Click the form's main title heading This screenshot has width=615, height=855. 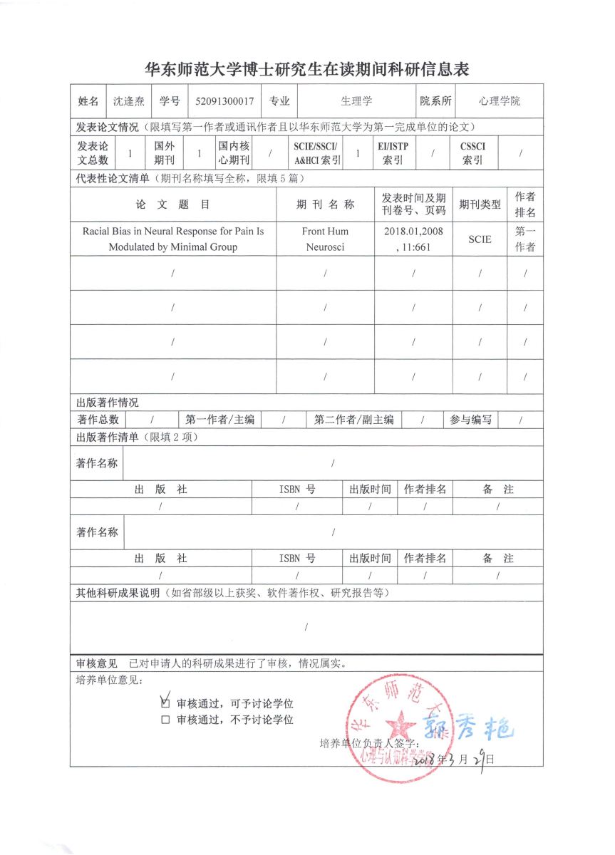tap(306, 70)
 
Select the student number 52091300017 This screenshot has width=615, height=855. tap(224, 101)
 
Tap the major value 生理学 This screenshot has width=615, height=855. tap(356, 101)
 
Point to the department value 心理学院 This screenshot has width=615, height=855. tap(500, 101)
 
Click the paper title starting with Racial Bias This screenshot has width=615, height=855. tap(173, 239)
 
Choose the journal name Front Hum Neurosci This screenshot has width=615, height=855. tap(325, 239)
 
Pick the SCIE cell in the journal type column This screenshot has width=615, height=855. tap(480, 239)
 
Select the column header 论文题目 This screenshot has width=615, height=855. tap(173, 204)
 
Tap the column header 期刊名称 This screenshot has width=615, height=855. tap(325, 204)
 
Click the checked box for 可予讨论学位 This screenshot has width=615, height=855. tap(166, 701)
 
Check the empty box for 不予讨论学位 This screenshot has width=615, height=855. tap(166, 720)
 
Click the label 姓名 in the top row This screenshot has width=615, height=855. tap(88, 101)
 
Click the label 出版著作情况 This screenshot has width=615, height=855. tap(108, 403)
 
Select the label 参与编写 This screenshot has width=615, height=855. tap(471, 420)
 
